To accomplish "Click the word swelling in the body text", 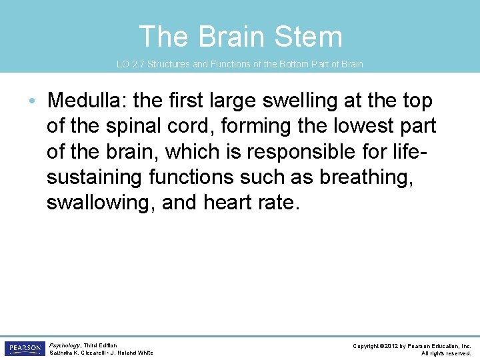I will [x=308, y=101].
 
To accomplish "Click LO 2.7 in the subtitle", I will [x=131, y=65].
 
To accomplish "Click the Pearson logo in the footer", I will [x=24, y=349].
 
